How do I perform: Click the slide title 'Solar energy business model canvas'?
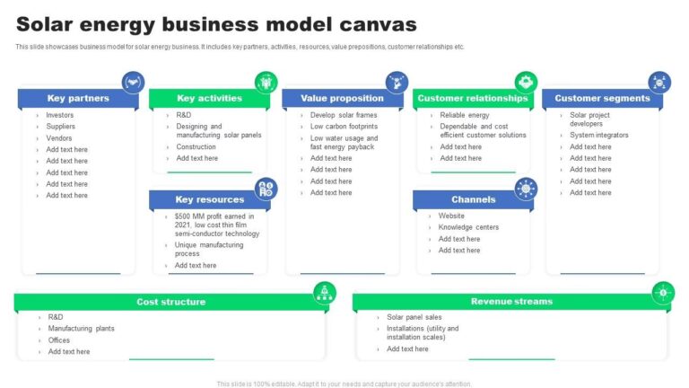(216, 23)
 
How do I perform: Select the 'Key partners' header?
(78, 99)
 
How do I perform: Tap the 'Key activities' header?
(209, 99)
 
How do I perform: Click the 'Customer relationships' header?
(472, 99)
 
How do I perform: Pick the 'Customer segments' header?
(602, 99)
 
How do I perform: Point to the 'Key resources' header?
(209, 199)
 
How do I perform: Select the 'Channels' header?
(473, 199)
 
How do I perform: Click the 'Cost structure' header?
(170, 302)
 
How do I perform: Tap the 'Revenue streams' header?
(511, 302)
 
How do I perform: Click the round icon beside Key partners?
(134, 83)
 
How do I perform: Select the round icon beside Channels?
(526, 189)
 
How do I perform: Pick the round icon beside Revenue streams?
(663, 292)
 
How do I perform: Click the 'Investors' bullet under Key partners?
(60, 116)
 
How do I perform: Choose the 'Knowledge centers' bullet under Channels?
(468, 227)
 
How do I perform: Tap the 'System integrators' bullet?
(598, 136)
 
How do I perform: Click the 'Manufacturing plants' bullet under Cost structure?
(81, 329)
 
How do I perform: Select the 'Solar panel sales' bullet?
(414, 317)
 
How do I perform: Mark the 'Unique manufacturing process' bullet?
(208, 249)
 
